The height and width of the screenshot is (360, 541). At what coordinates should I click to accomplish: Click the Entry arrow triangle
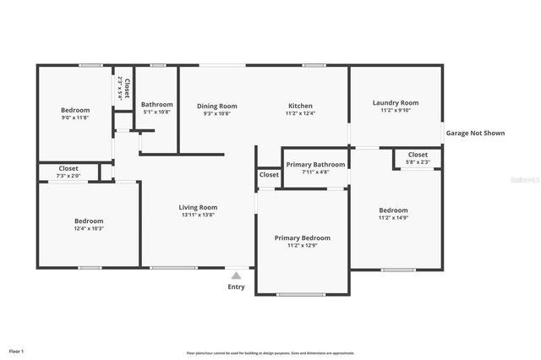(237, 275)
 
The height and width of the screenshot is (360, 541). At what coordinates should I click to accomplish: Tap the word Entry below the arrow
(237, 286)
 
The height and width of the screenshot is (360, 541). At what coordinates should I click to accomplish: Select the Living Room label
(198, 207)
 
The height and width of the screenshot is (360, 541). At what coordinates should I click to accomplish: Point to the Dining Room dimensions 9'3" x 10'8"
(217, 113)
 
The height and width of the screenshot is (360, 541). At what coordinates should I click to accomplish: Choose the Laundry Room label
(396, 102)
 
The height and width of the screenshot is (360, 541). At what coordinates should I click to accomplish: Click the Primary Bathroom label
(315, 164)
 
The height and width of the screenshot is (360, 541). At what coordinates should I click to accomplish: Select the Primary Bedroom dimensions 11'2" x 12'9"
(302, 246)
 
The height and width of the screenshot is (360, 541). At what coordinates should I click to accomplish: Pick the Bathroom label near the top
(156, 104)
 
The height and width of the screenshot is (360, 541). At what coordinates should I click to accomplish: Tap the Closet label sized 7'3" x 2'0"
(68, 168)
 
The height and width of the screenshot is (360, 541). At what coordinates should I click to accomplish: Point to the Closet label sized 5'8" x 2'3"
(418, 155)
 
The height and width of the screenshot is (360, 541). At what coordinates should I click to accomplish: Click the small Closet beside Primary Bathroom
(269, 174)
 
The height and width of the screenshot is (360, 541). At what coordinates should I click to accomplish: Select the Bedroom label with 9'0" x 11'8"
(74, 110)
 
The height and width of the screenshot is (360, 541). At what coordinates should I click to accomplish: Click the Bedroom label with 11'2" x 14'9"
(393, 210)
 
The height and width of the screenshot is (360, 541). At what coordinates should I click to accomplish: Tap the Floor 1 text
(17, 350)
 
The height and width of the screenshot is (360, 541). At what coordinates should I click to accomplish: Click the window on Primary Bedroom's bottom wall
(301, 294)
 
